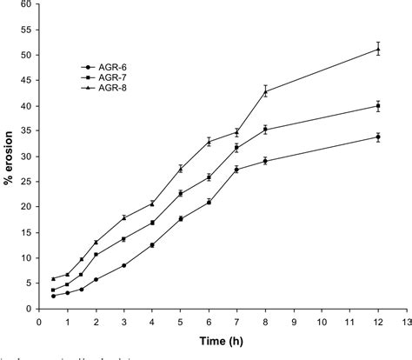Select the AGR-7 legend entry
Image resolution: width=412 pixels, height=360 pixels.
pos(103,77)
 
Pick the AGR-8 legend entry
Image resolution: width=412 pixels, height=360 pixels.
pos(103,88)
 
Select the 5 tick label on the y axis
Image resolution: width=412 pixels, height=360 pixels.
pos(30,283)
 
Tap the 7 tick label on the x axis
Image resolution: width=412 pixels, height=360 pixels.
pos(236,320)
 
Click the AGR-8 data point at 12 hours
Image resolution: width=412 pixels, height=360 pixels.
pos(378,49)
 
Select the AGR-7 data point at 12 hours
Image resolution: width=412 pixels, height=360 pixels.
pos(378,106)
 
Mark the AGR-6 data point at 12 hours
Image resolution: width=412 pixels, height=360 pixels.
pos(378,137)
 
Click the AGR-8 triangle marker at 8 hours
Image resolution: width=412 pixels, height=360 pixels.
pos(265,91)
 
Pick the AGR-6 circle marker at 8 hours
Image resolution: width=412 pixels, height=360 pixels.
pos(265,161)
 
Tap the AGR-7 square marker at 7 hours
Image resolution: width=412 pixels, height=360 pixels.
pos(236,148)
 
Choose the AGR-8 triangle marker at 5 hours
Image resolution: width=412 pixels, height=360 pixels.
pos(180,169)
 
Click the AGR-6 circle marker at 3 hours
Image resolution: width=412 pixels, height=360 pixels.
pos(123,265)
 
